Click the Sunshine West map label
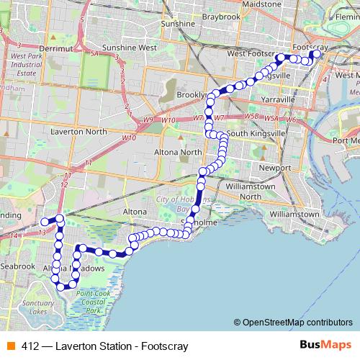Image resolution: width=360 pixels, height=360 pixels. (x=130, y=48)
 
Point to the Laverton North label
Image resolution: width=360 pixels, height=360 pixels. (x=79, y=132)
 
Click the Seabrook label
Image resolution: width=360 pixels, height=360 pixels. (x=18, y=266)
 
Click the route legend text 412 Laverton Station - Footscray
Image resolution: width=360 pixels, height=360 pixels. (x=104, y=346)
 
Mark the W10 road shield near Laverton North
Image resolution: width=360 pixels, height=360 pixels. (x=129, y=137)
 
